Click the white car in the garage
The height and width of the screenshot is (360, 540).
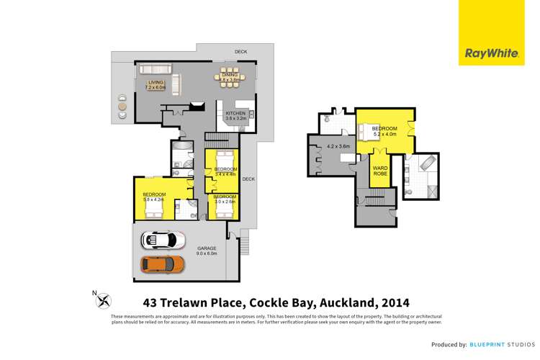coord(163,239)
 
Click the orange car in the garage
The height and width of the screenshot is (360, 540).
coord(162,264)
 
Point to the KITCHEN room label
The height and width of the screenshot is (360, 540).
coord(236,114)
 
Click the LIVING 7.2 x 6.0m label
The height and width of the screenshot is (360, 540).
coord(156,86)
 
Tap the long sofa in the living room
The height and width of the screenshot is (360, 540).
coord(155,70)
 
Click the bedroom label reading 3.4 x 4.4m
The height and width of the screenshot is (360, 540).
coord(225,171)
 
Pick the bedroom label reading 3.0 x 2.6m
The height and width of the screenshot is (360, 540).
coord(225,199)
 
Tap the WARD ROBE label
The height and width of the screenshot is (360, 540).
coord(380,172)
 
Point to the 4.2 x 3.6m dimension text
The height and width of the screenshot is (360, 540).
coord(338,147)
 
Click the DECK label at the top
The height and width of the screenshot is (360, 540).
coord(240,52)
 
